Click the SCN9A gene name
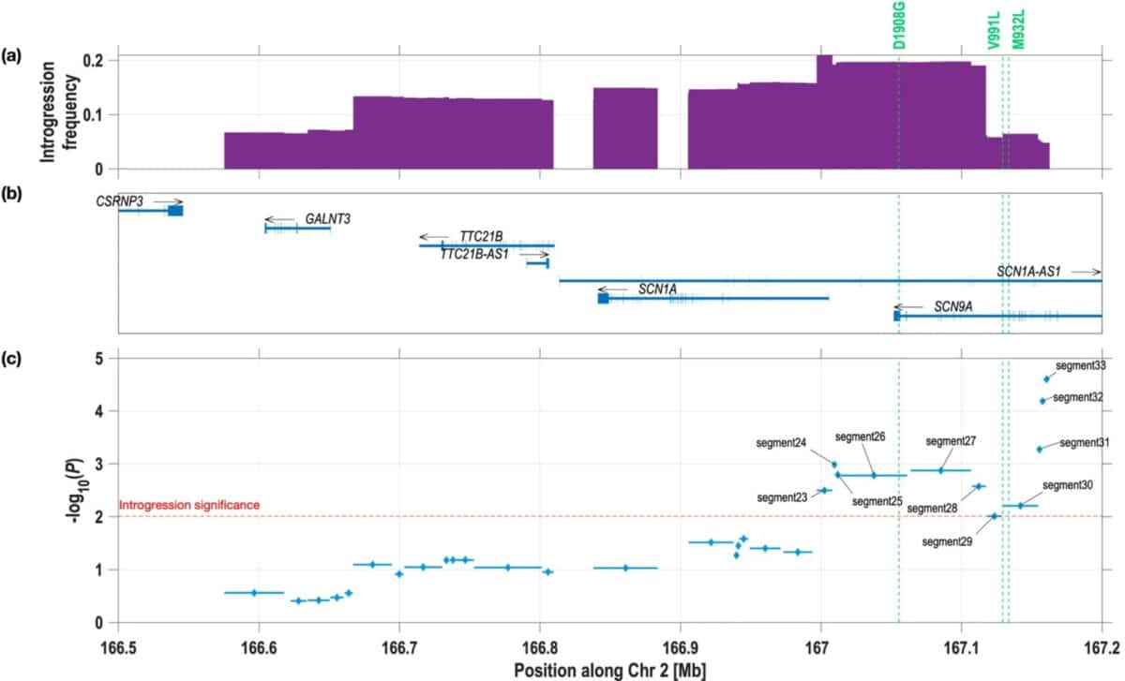[x=953, y=306]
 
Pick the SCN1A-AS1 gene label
[x=1027, y=271]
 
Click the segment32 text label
[x=1078, y=397]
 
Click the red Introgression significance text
[x=189, y=505]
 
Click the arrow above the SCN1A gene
[x=614, y=289]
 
